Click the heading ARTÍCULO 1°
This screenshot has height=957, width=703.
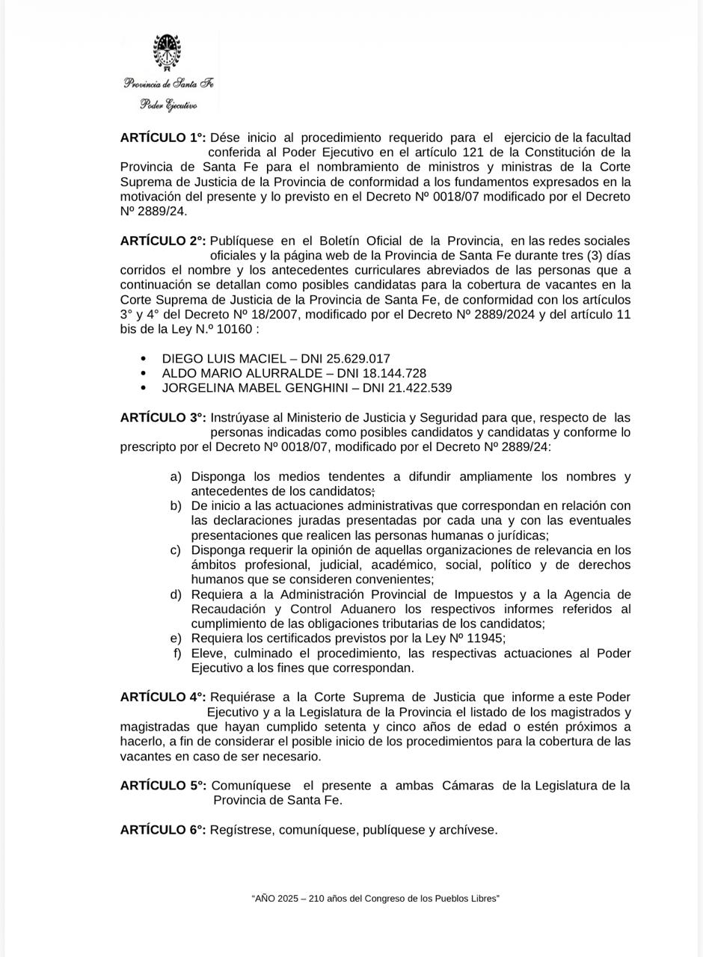(163, 138)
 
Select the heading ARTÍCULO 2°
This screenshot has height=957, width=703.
(163, 241)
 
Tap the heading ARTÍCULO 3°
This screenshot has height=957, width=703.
(163, 418)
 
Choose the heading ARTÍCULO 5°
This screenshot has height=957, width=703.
(163, 786)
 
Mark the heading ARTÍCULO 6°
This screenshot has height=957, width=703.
(163, 830)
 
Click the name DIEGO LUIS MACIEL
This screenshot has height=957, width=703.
(224, 359)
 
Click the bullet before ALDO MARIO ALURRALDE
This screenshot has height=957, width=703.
(144, 373)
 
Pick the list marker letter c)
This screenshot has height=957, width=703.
(176, 550)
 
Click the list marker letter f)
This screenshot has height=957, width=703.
(177, 653)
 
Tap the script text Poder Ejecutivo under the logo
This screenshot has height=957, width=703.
(168, 105)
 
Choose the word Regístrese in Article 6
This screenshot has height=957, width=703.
(242, 830)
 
